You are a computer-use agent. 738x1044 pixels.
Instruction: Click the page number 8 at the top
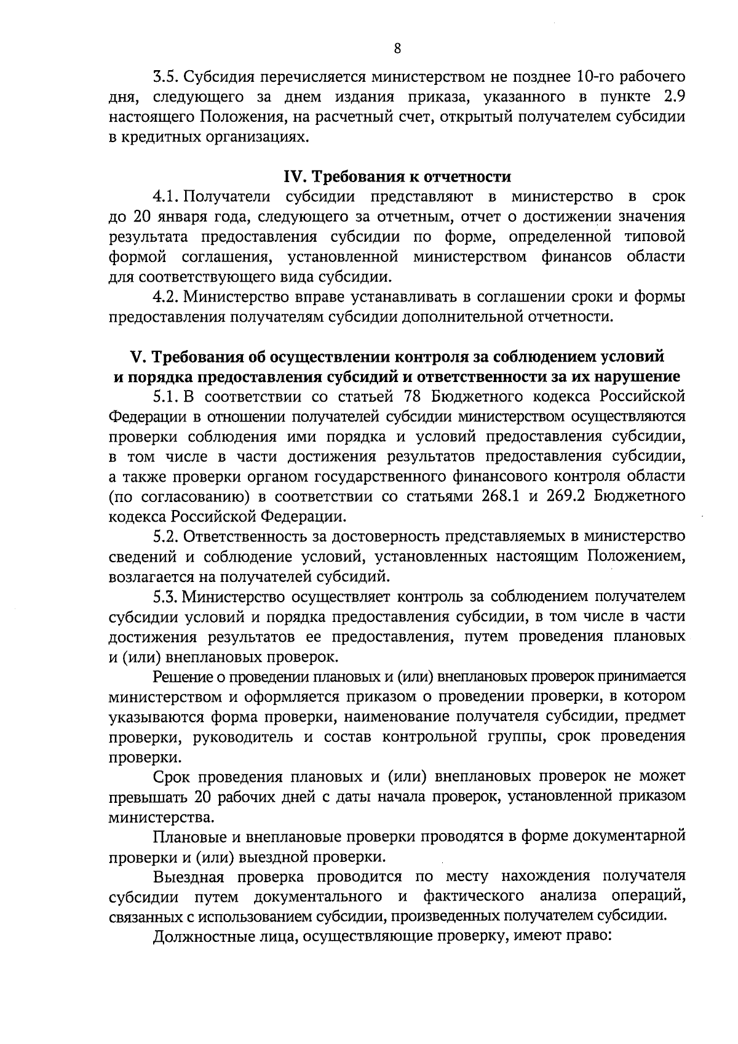[397, 49]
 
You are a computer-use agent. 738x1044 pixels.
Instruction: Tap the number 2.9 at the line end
[672, 97]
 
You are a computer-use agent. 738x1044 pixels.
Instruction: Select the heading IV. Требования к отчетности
[397, 177]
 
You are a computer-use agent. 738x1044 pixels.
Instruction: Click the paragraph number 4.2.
[166, 297]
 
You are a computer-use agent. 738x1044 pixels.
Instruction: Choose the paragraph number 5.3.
[166, 596]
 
